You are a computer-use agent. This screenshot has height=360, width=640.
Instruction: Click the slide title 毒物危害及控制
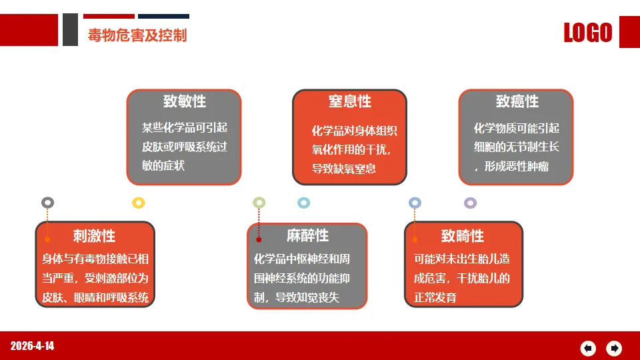137,35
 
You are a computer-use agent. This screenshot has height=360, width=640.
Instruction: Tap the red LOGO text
588,32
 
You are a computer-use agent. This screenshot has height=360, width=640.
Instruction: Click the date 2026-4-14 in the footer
32,346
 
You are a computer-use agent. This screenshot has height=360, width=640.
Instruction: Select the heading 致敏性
185,101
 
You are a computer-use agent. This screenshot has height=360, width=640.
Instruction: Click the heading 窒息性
350,101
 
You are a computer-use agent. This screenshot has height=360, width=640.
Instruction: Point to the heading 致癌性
517,101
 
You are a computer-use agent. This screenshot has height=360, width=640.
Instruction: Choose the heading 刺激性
94,236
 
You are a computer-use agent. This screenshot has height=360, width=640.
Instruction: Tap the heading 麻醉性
307,235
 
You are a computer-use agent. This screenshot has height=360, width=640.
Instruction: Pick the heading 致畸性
463,236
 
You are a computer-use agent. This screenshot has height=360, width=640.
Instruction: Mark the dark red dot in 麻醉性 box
259,239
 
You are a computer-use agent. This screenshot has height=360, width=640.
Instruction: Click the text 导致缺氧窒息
344,169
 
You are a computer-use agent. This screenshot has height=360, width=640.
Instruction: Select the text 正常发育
435,297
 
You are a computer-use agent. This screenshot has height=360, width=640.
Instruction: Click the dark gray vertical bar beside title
70,29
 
